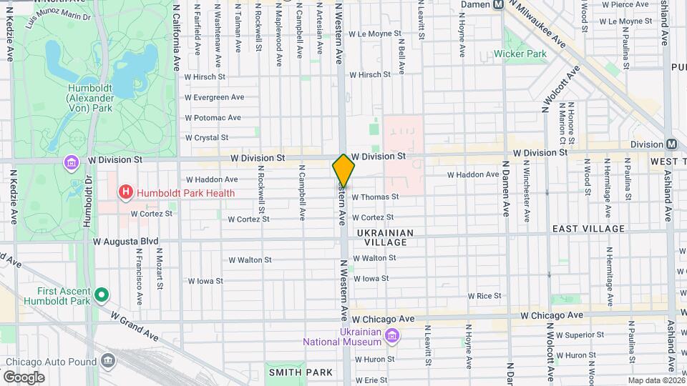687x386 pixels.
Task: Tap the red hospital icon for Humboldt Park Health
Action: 126,192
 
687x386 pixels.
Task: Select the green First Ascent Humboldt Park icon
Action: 102,295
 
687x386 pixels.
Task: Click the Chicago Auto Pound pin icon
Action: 108,360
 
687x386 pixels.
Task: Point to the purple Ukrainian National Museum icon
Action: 391,336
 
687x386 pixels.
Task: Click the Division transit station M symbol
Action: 671,144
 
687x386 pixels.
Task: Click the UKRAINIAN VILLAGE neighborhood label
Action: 391,237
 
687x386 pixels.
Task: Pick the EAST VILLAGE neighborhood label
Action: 588,229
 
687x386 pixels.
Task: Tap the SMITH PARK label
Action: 301,372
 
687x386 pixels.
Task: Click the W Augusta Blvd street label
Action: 126,242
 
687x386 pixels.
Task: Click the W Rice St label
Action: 484,295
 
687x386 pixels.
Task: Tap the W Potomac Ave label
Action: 212,118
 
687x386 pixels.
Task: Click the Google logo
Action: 24,377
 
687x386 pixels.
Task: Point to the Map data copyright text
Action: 654,380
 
